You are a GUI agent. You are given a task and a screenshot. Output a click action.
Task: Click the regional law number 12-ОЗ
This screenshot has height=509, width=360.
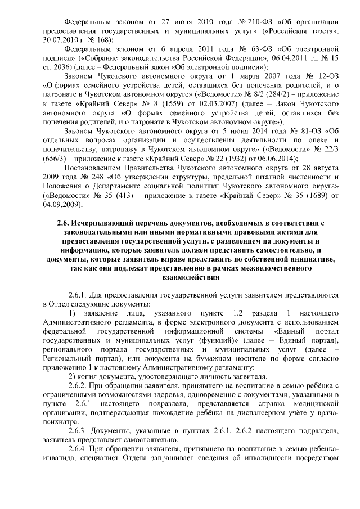click(319, 75)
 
